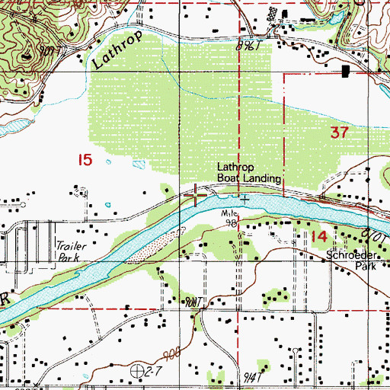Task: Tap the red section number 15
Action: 85,159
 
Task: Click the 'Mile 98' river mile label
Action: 231,219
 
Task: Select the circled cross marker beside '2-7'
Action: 138,371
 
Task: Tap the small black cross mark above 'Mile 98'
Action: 244,200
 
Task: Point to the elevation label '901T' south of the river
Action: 191,302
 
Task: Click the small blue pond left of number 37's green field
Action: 138,165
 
